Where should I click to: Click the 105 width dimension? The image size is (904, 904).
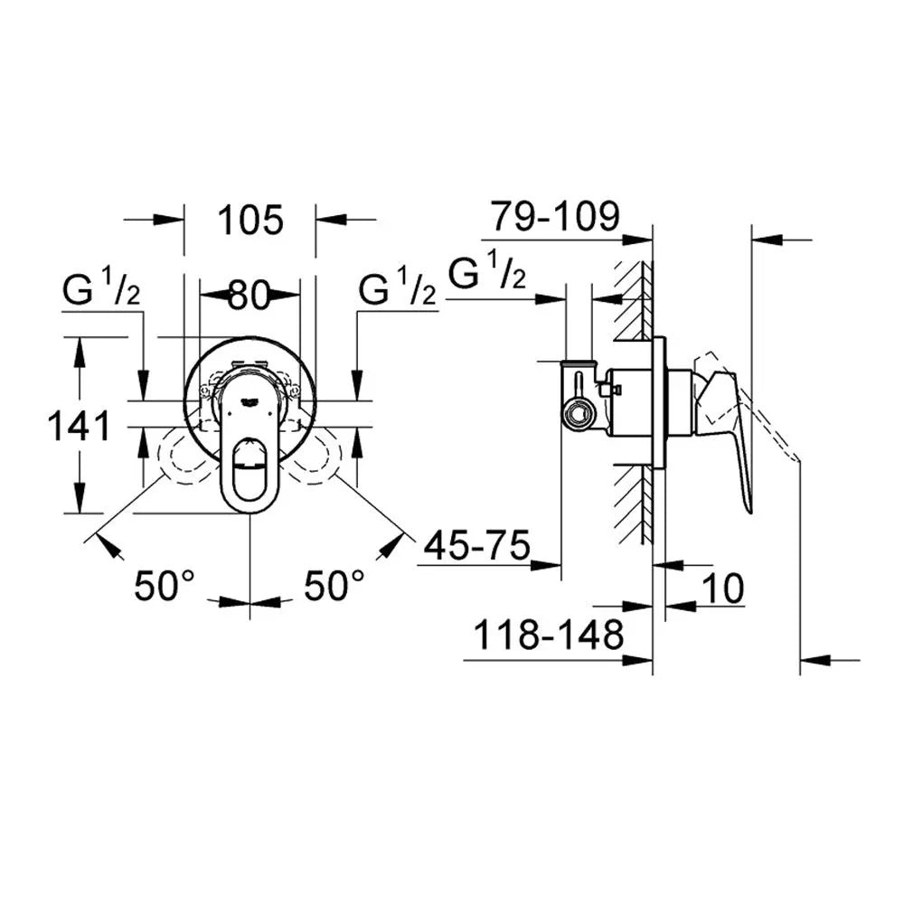[250, 220]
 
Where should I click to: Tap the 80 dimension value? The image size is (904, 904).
[250, 296]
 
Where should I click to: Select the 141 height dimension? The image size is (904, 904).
[79, 427]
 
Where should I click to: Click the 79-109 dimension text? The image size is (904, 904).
[555, 216]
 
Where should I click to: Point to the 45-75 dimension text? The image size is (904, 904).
[476, 545]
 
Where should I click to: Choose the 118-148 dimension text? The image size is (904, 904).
[549, 635]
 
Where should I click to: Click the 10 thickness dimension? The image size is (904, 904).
[722, 589]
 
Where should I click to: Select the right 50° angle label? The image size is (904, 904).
[334, 586]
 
